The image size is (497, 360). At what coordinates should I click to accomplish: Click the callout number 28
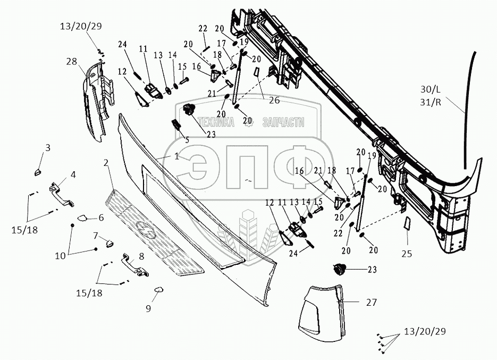(x=71, y=62)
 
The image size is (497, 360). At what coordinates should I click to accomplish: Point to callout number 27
(x=371, y=303)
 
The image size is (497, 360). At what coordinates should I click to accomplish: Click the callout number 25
(x=407, y=254)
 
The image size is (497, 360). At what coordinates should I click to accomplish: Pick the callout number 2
(x=106, y=163)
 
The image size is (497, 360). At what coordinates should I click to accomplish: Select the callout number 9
(x=148, y=308)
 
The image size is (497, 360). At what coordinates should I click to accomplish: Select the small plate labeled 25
(x=406, y=224)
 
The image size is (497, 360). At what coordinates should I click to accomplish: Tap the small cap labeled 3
(x=39, y=171)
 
